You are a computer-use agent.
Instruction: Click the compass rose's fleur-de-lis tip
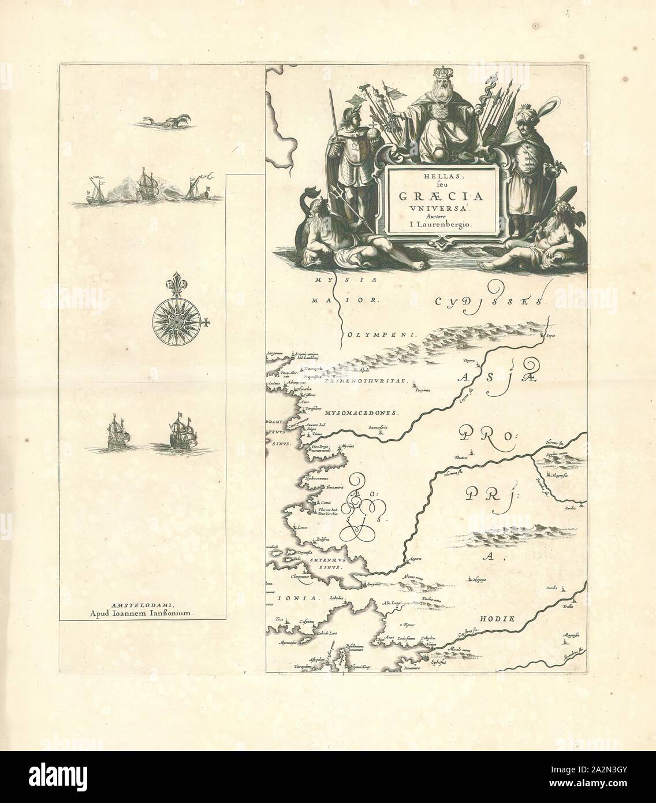tap(174, 285)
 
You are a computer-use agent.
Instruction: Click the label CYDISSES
tap(488, 301)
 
